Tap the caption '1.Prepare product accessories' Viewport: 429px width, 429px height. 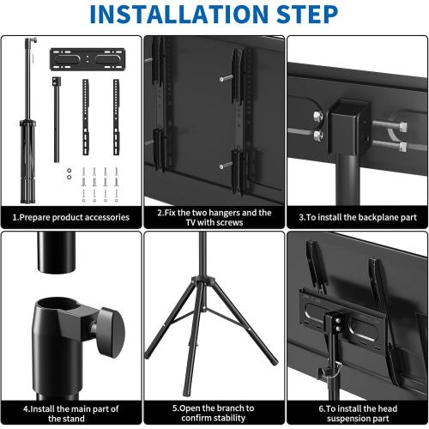click(x=71, y=217)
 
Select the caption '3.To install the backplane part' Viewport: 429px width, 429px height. click(x=356, y=217)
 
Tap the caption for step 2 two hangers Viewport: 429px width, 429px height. click(x=214, y=217)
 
